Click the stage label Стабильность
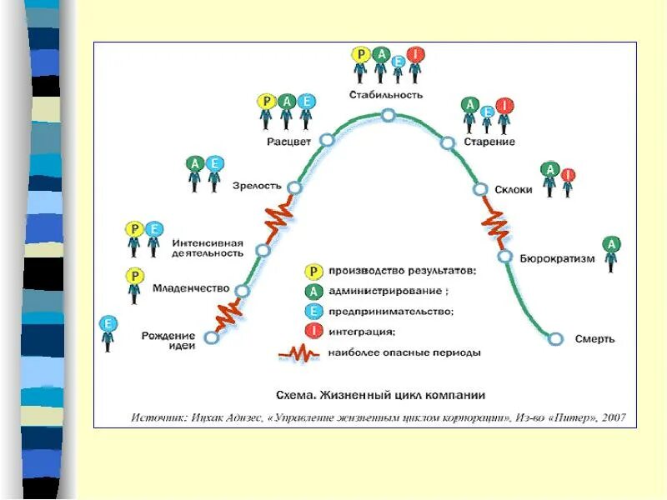tap(388, 95)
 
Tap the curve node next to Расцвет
tap(327, 141)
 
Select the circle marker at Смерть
tap(556, 338)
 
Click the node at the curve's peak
tap(388, 115)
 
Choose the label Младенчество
tap(191, 288)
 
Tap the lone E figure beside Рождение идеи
tap(108, 331)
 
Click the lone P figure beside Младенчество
tap(133, 284)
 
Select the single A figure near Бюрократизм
tap(611, 252)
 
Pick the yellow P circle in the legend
tap(312, 271)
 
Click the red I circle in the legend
tap(312, 331)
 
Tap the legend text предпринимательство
tap(390, 311)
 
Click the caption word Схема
tap(294, 395)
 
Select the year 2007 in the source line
tap(612, 417)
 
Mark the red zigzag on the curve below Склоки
tap(494, 223)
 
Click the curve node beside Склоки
tap(480, 189)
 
